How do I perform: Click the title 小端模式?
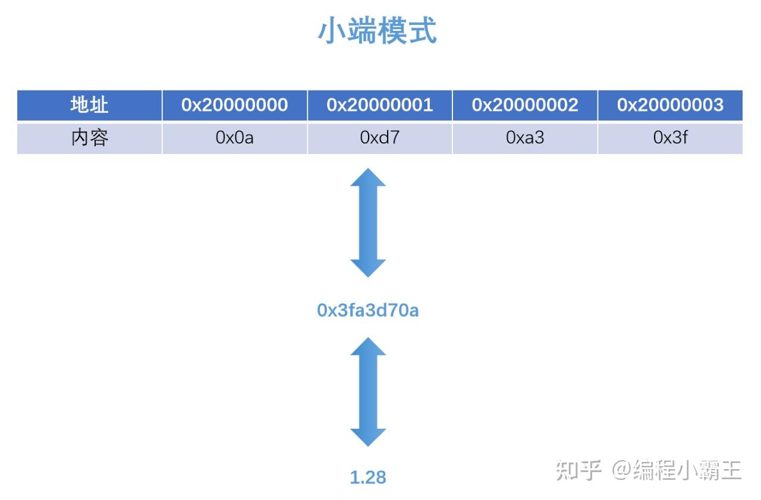coord(378,30)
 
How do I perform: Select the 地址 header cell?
coord(89,105)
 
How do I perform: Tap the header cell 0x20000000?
coord(234,105)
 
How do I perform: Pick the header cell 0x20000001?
coord(379,105)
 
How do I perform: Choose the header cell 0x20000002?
coord(524,105)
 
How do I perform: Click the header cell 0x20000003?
coord(670,105)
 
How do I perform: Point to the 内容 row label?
coord(89,138)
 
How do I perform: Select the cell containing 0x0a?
coord(234,138)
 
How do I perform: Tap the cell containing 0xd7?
coord(379,138)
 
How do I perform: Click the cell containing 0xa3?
coord(524,138)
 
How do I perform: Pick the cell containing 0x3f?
coord(670,138)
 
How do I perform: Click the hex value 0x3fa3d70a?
coord(367,310)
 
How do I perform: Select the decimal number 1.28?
coord(367,477)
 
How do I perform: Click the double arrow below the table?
coord(368,222)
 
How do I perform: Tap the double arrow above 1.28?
coord(368,392)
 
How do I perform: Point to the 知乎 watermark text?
coord(578,470)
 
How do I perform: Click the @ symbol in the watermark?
coord(621,470)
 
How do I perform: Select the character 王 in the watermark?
coord(731,470)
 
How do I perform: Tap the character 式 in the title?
coord(422,30)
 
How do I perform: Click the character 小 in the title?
coord(332,30)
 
